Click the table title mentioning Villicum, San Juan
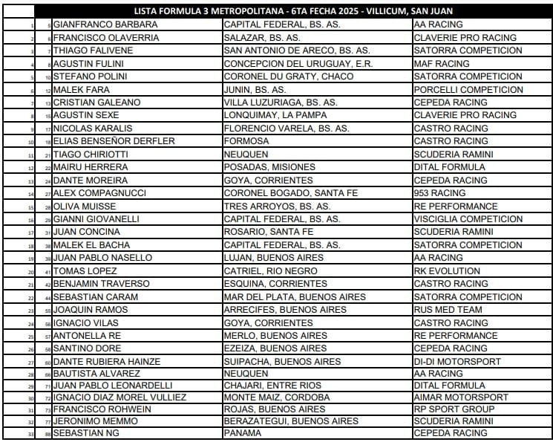coord(294,11)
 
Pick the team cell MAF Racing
coord(442,64)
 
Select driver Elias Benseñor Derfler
coord(114,141)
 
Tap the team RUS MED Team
coord(448,310)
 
